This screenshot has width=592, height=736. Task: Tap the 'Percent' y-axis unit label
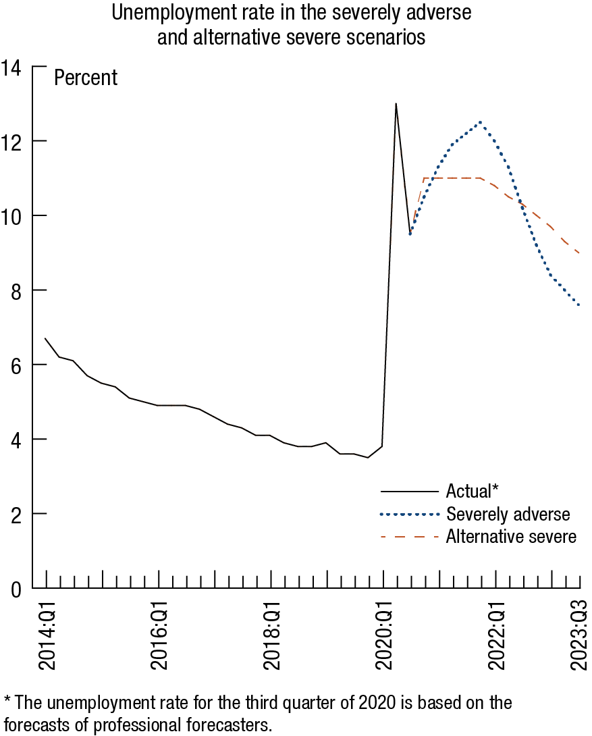click(86, 78)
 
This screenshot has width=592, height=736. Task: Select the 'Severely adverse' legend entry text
click(508, 515)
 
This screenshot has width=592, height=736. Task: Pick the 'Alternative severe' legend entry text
click(511, 537)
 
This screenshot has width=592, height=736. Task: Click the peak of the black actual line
click(396, 104)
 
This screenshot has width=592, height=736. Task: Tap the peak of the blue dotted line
click(480, 122)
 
